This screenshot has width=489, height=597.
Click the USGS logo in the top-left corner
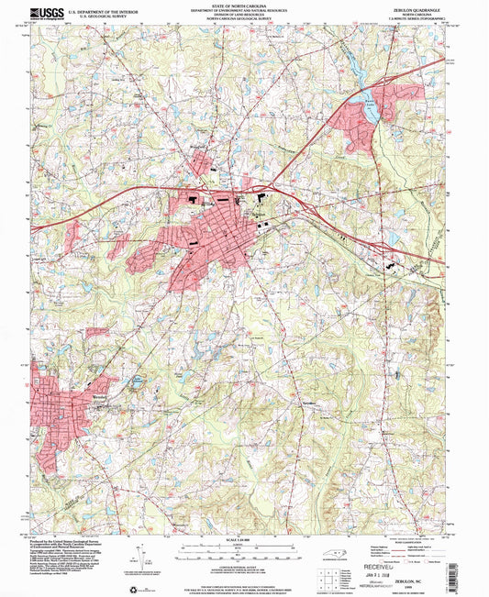click(46, 10)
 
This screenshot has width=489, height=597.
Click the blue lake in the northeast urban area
click(372, 112)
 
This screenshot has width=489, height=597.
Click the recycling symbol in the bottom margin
click(141, 587)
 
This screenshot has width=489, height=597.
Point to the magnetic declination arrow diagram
click(138, 555)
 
